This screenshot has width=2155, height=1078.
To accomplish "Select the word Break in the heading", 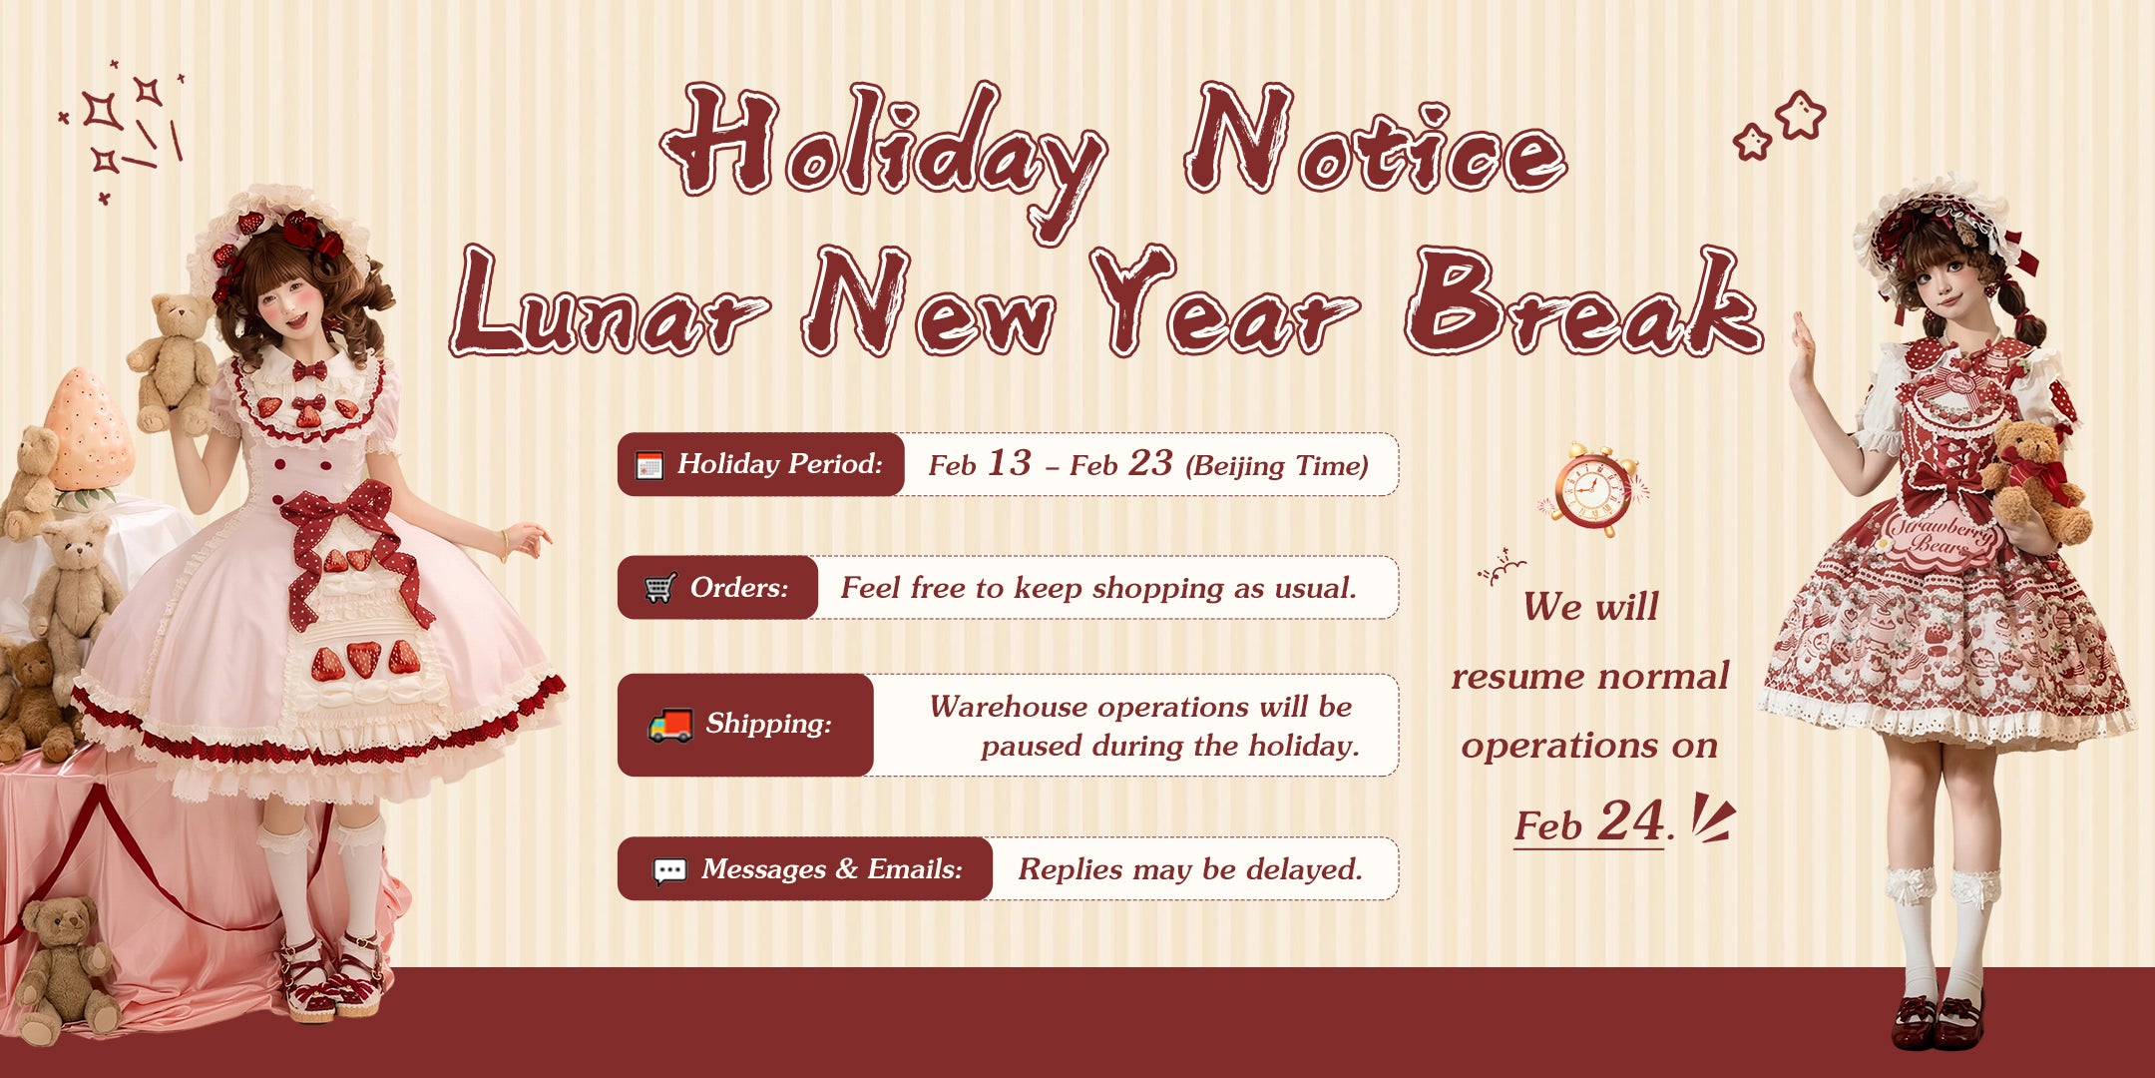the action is (x=1585, y=301).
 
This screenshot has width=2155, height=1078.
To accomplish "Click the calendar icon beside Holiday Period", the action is (x=649, y=465).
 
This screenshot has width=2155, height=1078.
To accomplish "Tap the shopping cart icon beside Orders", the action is (x=658, y=588).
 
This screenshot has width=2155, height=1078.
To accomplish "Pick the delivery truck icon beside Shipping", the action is (x=669, y=725).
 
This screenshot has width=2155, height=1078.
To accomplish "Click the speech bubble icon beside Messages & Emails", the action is (x=669, y=870).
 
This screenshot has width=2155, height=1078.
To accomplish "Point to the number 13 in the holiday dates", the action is (x=1009, y=463).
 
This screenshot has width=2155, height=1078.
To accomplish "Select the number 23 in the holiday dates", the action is (x=1150, y=463).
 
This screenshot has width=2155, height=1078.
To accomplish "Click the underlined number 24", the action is (x=1630, y=821).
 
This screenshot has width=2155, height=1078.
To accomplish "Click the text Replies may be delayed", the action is (x=1190, y=869).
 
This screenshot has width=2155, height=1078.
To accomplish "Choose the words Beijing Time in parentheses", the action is (x=1276, y=466).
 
